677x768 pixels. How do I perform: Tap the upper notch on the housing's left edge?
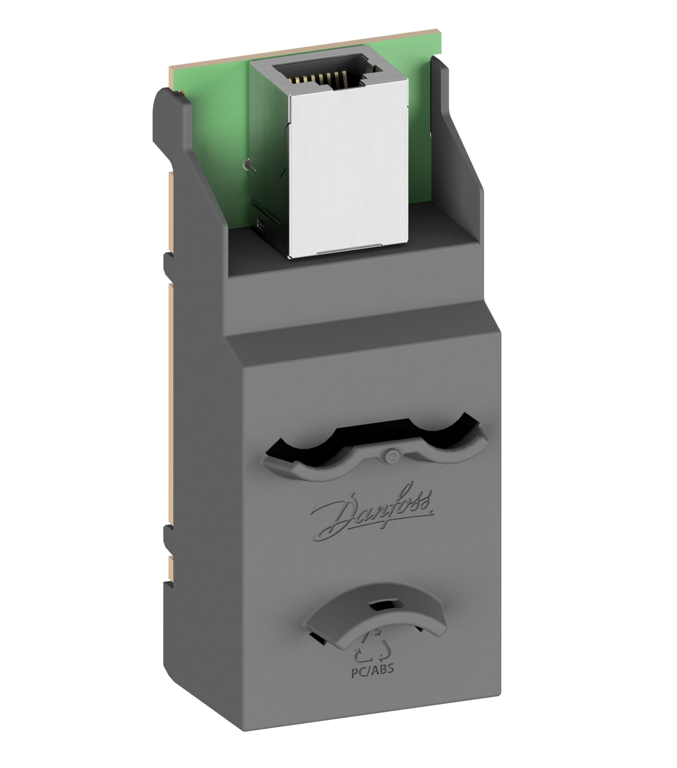(169, 265)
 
